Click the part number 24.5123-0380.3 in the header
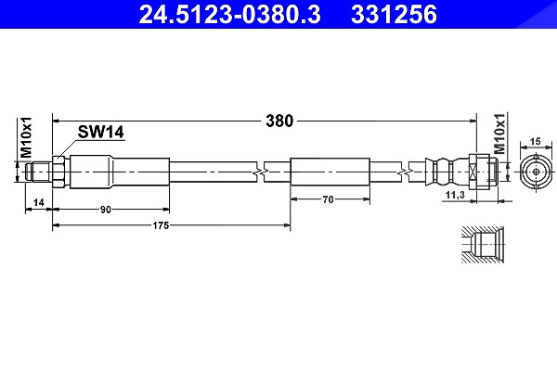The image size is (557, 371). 229,14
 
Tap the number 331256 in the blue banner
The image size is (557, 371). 394,14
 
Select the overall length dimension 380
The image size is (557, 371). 279,122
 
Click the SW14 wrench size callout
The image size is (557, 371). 101,132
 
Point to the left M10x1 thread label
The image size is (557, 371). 26,137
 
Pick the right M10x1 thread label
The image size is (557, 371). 499,134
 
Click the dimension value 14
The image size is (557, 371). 38,202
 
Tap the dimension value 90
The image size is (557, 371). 106,210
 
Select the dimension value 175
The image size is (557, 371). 161,225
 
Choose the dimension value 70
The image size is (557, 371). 329,199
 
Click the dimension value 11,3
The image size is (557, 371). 455,195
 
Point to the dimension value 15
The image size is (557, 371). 535,141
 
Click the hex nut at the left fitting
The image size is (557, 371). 58,173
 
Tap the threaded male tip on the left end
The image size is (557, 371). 39,173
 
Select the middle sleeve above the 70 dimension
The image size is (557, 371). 330,172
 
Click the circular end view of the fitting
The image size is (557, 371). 536,173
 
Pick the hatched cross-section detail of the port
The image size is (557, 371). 483,245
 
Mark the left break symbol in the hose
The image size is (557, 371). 260,173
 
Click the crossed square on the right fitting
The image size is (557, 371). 473,172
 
